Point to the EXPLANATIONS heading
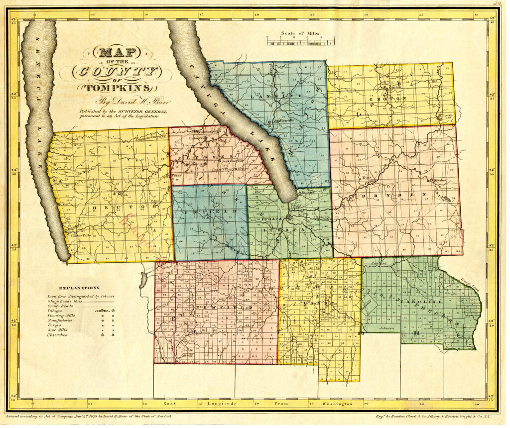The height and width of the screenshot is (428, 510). point(79,288)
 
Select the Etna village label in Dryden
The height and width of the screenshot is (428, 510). point(367,177)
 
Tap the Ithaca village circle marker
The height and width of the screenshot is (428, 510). point(289,216)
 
